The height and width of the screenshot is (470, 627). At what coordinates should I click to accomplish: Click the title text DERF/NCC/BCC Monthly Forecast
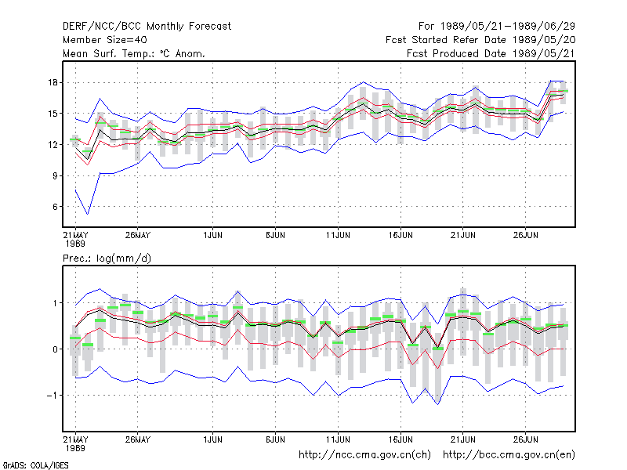[147, 27]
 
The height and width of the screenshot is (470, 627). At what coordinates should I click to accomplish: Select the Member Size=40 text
[105, 40]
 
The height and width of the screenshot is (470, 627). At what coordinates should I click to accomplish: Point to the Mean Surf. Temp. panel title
[133, 53]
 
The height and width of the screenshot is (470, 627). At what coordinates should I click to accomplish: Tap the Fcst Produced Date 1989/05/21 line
[491, 53]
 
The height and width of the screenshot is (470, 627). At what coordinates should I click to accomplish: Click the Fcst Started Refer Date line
[480, 40]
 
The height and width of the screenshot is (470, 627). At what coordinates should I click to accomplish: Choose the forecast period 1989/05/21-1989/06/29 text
[497, 27]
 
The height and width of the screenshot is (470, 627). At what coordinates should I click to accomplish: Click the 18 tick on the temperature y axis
[53, 83]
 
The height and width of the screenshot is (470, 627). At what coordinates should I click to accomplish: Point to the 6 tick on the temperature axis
[55, 207]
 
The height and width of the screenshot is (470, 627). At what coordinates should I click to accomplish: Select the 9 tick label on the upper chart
[55, 175]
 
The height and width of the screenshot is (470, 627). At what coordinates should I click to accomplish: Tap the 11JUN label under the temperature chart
[338, 235]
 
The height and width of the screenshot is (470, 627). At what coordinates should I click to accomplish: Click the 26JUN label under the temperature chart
[525, 235]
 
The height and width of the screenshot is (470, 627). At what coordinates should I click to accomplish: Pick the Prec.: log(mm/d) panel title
[107, 258]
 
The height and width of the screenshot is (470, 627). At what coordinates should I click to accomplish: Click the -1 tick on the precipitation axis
[53, 396]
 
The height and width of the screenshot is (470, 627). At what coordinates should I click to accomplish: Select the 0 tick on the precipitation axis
[55, 349]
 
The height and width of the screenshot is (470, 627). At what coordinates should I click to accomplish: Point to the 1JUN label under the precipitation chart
[212, 439]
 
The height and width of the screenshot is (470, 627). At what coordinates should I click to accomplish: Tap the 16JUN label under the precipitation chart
[400, 439]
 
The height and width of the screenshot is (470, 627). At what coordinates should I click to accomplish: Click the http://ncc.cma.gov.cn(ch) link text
[364, 455]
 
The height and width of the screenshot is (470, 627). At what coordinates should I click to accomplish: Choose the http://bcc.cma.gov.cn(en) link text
[509, 455]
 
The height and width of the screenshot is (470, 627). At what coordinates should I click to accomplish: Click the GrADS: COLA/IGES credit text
[35, 465]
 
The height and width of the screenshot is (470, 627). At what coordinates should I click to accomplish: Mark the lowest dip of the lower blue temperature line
[88, 214]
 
